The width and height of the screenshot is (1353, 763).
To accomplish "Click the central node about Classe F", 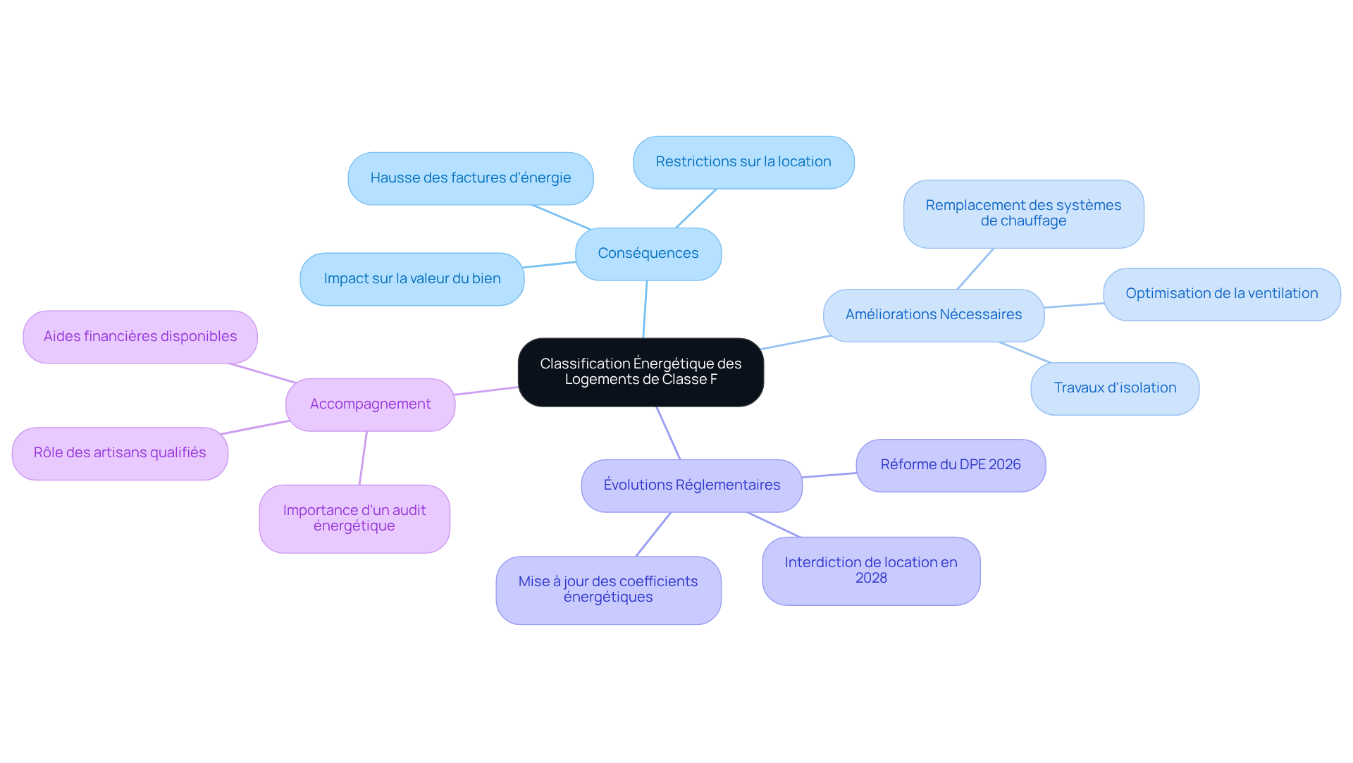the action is (x=641, y=372).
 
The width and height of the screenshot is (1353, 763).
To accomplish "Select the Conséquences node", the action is (x=648, y=254).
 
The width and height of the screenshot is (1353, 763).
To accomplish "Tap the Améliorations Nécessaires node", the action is (x=934, y=315).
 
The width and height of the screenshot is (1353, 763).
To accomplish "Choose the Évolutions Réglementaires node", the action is (x=692, y=485).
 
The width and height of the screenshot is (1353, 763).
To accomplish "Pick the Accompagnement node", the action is (x=370, y=404).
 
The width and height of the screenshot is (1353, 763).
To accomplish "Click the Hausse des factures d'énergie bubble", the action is (x=471, y=178).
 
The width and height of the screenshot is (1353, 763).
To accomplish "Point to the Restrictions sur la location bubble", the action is (x=743, y=162).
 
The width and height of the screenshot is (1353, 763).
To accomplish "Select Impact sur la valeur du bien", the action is (x=412, y=279).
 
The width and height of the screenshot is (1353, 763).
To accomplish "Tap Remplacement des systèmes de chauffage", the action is (x=1023, y=213).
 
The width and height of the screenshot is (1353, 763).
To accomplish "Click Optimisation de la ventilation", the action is (x=1222, y=294).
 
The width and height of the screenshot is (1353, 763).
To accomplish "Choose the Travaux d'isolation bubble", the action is (x=1115, y=388).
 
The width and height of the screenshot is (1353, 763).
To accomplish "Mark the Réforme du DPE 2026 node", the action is (x=951, y=465).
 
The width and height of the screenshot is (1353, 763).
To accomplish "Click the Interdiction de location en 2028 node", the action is (x=871, y=571).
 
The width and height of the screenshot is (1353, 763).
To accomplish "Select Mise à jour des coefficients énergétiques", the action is (x=608, y=590).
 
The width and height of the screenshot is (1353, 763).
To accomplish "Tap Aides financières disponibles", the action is (x=140, y=337).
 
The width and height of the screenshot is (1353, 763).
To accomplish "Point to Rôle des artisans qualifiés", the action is (x=120, y=453).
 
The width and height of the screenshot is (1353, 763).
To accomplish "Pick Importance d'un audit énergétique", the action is (x=354, y=519).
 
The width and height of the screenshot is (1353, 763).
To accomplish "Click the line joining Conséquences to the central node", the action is (x=645, y=309).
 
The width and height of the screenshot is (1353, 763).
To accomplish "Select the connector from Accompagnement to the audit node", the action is (x=363, y=458).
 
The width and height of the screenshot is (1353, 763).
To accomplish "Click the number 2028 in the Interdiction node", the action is (x=871, y=578).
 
